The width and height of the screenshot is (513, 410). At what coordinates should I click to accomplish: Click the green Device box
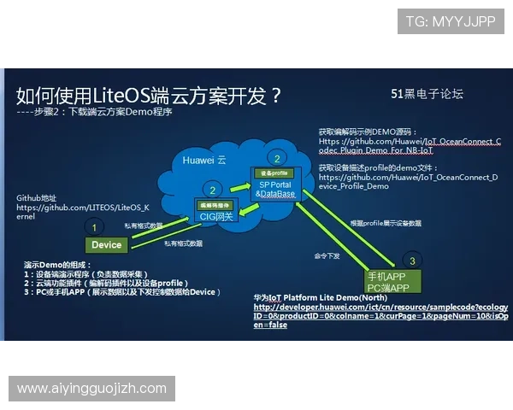[x=107, y=245]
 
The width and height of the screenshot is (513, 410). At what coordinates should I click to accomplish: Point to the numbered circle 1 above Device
[x=95, y=227]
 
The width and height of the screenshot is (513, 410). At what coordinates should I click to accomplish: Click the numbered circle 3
[x=412, y=261]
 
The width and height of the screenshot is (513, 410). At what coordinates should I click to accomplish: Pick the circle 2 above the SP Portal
[x=276, y=158]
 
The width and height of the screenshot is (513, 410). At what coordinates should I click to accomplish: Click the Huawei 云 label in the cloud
[x=203, y=160]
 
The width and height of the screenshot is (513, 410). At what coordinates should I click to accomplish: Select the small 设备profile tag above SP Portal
[x=274, y=173]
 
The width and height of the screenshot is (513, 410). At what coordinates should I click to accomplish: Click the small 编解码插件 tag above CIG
[x=215, y=205]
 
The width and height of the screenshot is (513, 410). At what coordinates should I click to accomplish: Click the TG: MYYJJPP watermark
[x=450, y=21]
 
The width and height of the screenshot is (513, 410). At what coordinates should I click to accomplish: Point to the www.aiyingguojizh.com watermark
[x=91, y=389]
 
